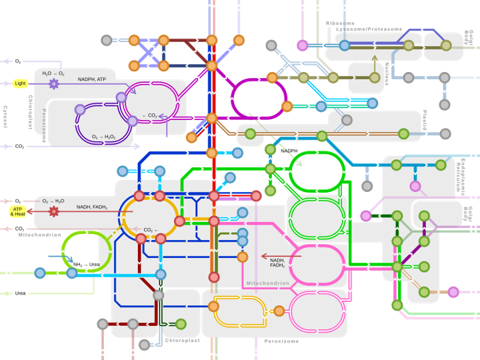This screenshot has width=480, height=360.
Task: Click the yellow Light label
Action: pyautogui.click(x=20, y=83)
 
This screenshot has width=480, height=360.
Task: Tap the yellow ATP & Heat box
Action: pyautogui.click(x=17, y=211)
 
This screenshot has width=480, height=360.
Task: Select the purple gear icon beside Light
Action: pyautogui.click(x=53, y=83)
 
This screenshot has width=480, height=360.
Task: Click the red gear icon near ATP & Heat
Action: pyautogui.click(x=54, y=211)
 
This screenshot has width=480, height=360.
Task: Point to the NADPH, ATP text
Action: pyautogui.click(x=91, y=79)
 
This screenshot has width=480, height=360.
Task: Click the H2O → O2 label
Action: pyautogui.click(x=53, y=73)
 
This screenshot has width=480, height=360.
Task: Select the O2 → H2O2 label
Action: pyautogui.click(x=103, y=137)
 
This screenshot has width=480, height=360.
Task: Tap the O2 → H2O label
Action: pyautogui.click(x=53, y=201)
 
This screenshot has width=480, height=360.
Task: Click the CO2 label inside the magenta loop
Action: pyautogui.click(x=149, y=116)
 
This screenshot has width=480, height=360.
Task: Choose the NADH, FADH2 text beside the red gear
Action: pyautogui.click(x=91, y=207)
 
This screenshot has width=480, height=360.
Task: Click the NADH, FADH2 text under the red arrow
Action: pyautogui.click(x=277, y=263)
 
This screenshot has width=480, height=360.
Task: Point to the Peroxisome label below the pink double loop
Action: pyautogui.click(x=281, y=341)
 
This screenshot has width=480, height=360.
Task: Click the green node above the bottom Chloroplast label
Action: pyautogui.click(x=181, y=324)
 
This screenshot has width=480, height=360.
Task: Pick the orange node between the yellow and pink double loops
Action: pyautogui.click(x=279, y=311)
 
